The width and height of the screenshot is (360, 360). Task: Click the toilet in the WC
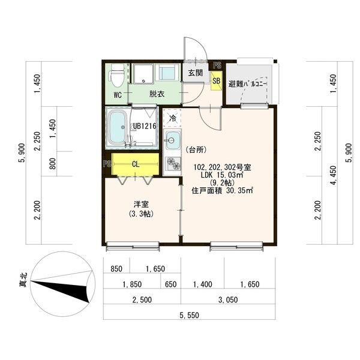point(118,75)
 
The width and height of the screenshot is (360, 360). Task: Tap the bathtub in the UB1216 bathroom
point(118,127)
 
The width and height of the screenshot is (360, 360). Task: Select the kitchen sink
point(172,140)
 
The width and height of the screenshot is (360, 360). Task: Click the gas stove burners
point(173,163)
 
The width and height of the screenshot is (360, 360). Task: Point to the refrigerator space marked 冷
point(172,118)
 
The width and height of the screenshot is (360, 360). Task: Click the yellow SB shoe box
point(217,81)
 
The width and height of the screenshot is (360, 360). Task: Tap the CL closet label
point(136,164)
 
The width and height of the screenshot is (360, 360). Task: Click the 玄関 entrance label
point(195,73)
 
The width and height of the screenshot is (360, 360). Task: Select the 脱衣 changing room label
point(157,94)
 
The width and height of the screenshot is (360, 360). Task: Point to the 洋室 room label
point(141,204)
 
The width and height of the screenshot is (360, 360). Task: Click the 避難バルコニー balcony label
point(247,84)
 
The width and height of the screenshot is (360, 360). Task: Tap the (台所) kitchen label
point(196,150)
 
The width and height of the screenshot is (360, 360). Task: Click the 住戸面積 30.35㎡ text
point(222,191)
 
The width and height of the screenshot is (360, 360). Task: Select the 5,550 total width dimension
point(190,315)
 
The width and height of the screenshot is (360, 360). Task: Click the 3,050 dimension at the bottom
point(228,299)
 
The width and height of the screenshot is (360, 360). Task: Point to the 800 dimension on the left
point(53,163)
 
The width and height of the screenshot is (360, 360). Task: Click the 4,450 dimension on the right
point(333,175)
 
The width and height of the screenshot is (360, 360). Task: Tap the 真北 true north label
point(23,280)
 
